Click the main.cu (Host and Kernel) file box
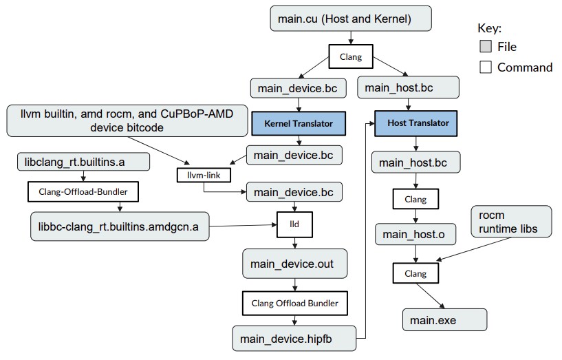pyautogui.click(x=351, y=19)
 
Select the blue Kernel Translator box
pyautogui.click(x=299, y=123)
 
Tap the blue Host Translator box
pyautogui.click(x=415, y=123)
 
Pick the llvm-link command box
pyautogui.click(x=204, y=175)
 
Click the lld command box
pyautogui.click(x=294, y=224)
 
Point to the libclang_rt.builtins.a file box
pyautogui.click(x=83, y=162)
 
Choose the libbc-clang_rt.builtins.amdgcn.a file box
pyautogui.click(x=120, y=226)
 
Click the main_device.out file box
pyautogui.click(x=294, y=264)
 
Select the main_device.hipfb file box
pyautogui.click(x=294, y=338)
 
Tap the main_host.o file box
pyautogui.click(x=415, y=234)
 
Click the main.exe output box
pyautogui.click(x=444, y=319)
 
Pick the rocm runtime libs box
pyautogui.click(x=511, y=222)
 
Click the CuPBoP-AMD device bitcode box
pyautogui.click(x=127, y=120)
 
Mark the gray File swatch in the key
pyautogui.click(x=486, y=46)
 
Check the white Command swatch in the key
pyautogui.click(x=486, y=67)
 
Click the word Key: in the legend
pyautogui.click(x=490, y=28)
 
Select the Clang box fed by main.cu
pyautogui.click(x=351, y=56)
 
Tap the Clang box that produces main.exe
pyautogui.click(x=415, y=273)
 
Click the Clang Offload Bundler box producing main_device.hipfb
pyautogui.click(x=295, y=303)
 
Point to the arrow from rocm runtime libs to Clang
pyautogui.click(x=474, y=248)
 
